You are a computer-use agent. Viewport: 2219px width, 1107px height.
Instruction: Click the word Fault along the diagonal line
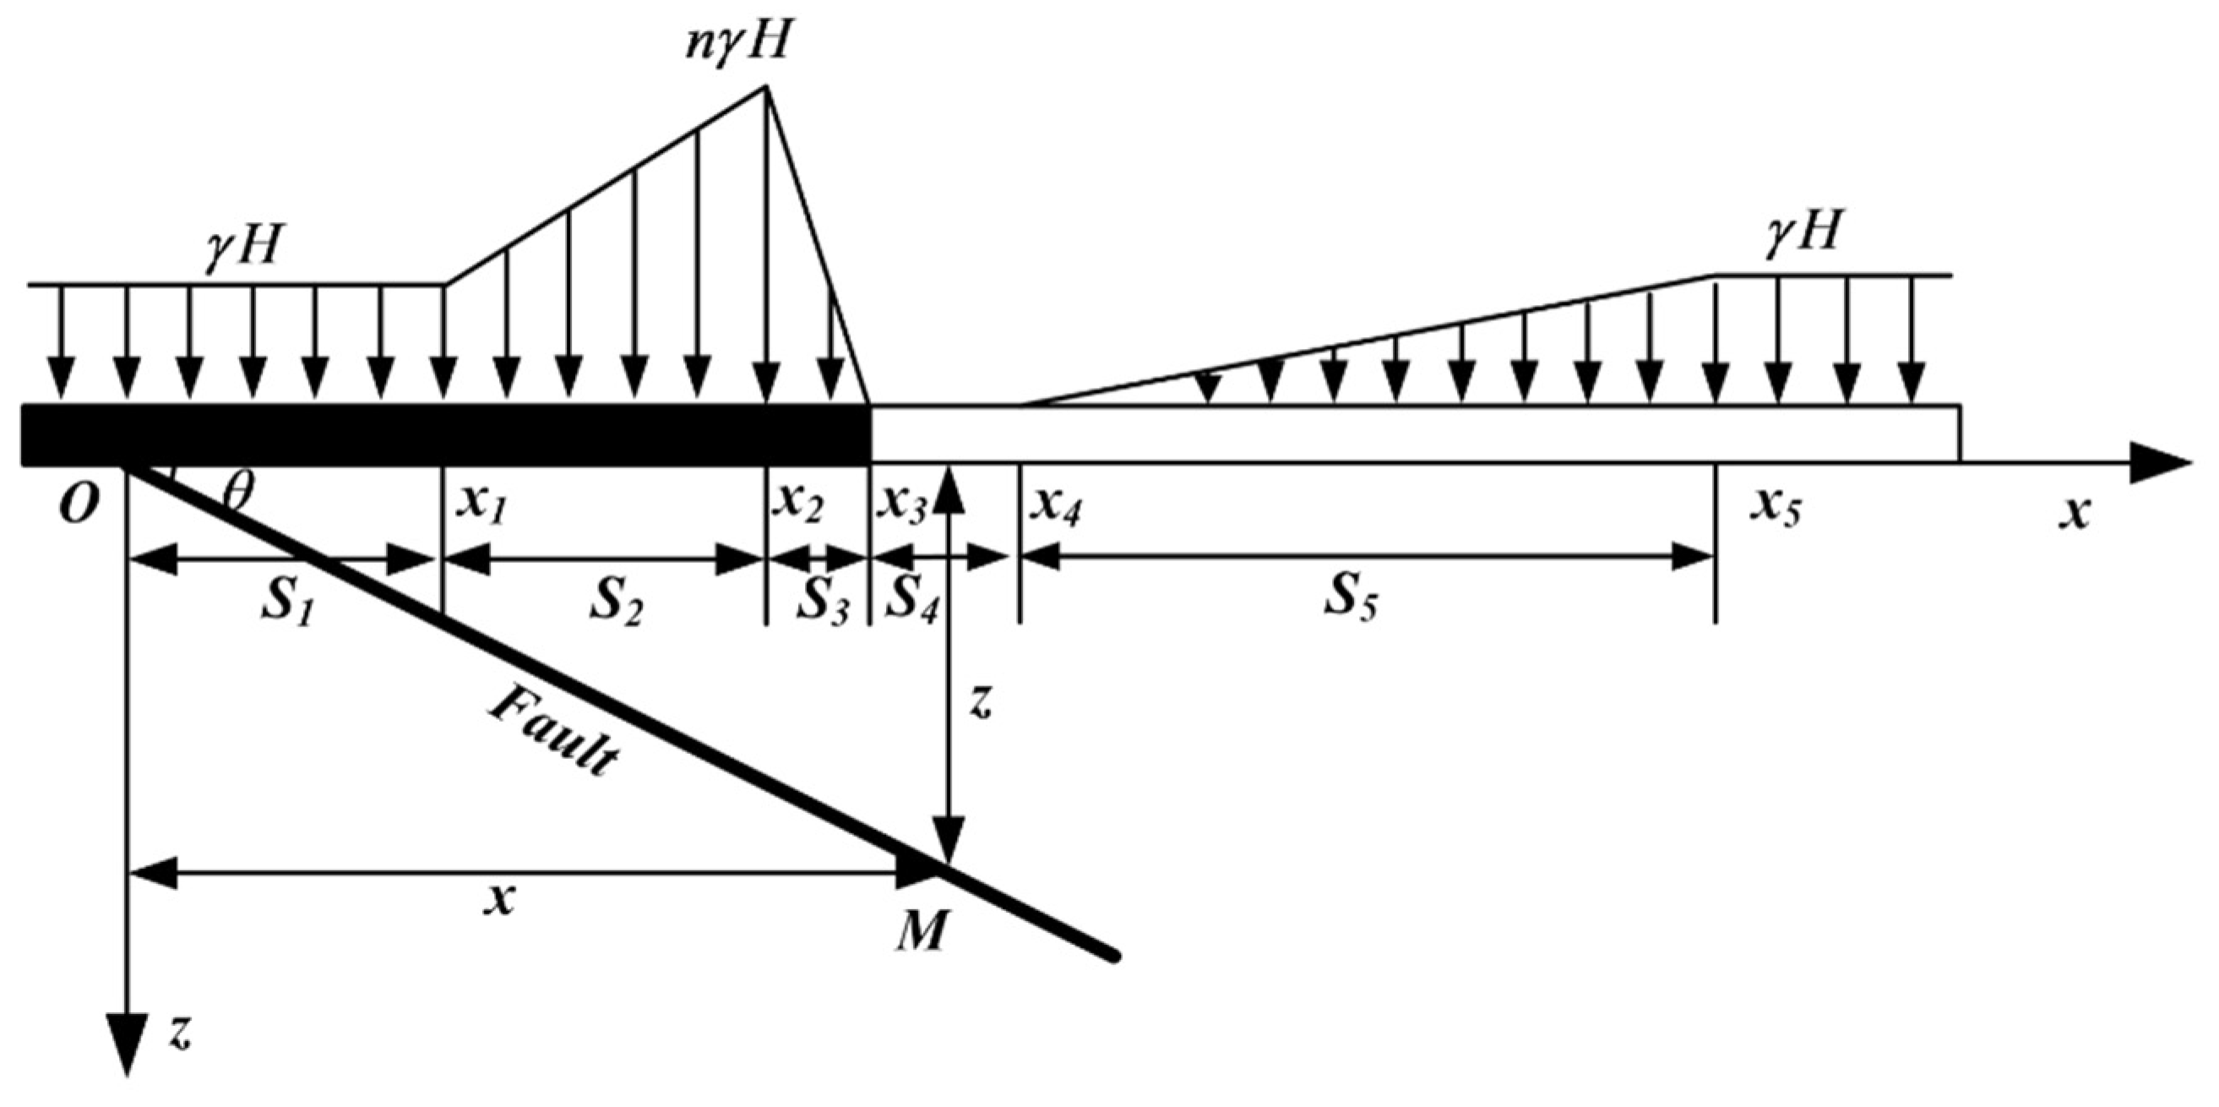point(552,733)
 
